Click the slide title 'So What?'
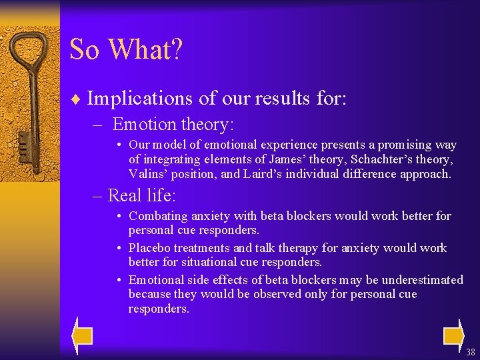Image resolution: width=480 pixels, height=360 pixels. coord(125,50)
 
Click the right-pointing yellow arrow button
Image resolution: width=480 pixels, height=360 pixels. coord(453,335)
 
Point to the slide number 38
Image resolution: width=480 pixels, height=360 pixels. coord(471,352)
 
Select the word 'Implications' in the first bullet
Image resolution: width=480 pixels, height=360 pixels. coord(140,99)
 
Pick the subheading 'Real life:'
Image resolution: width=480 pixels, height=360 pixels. coord(141,195)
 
